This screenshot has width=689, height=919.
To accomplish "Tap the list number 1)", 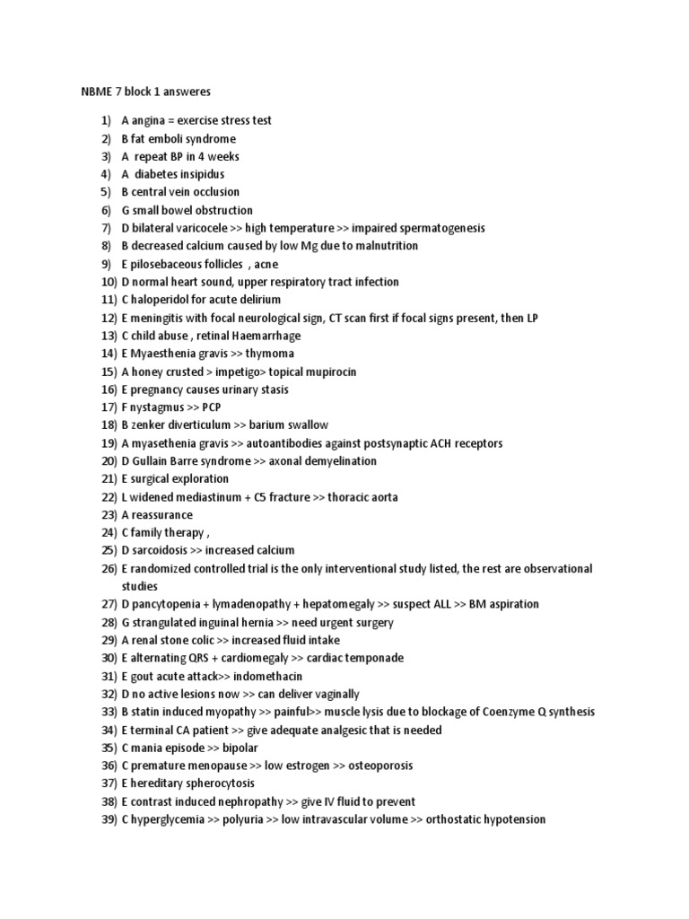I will point(107,120).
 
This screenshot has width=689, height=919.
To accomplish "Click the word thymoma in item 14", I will point(272,354).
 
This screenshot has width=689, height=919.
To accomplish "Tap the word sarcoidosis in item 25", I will point(160,550).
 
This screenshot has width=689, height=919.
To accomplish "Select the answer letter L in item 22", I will point(125,497).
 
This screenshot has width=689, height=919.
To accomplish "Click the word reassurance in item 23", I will point(162,515).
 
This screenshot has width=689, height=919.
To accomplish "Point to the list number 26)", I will point(109,568).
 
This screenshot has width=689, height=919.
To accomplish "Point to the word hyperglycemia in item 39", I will point(167,819).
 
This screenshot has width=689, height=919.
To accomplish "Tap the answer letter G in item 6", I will point(126,210).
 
